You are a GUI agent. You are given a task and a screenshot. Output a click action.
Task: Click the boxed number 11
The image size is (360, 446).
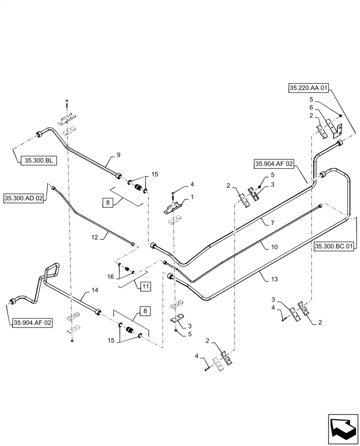coord(146,286)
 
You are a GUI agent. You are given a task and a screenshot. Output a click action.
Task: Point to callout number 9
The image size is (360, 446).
coord(119,155)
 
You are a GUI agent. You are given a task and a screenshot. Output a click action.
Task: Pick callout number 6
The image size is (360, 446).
coord(311,108)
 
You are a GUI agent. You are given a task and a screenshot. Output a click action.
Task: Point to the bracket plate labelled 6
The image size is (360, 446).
coord(335,127)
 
